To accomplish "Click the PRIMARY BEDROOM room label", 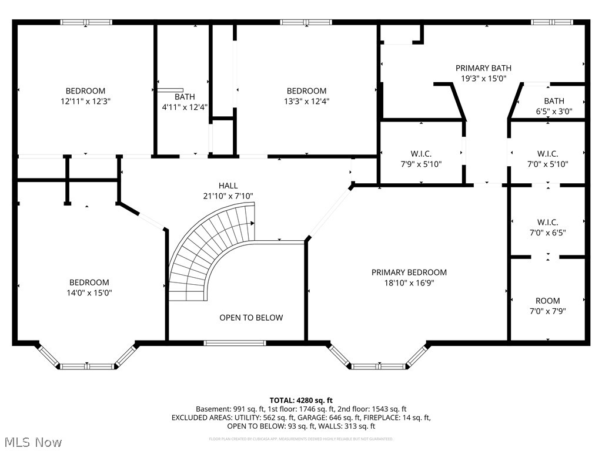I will (409, 272).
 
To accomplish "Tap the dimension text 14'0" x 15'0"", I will (89, 292).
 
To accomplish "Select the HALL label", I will (228, 186).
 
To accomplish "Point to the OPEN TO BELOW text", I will (251, 318).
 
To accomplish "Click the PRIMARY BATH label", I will (483, 68).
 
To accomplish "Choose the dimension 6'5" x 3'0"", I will (553, 111).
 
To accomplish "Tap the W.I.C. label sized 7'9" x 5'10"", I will (421, 154).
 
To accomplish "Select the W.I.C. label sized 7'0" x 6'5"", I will (547, 222).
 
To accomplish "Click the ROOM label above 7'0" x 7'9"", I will (547, 301).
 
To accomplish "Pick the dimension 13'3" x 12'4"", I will (306, 101).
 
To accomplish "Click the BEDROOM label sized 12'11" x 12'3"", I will (85, 90).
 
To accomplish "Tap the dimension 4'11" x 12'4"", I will (185, 107).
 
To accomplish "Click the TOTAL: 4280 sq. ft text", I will (300, 399).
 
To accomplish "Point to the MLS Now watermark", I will (32, 442).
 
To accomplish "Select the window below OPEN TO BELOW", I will (234, 342).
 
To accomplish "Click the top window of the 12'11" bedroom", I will (86, 22).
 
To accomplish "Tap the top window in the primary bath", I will (551, 22).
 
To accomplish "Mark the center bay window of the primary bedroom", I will (378, 366).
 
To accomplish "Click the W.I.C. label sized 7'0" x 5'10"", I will (547, 154).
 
